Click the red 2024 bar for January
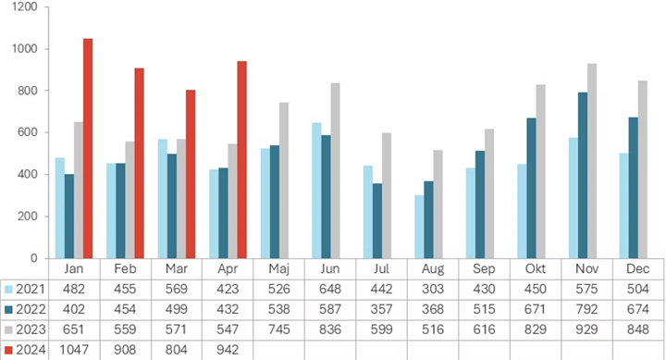(x=88, y=148)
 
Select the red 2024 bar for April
(x=241, y=160)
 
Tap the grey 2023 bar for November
(x=592, y=161)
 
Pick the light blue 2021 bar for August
(x=419, y=227)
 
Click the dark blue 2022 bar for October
(x=531, y=188)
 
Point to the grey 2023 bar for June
(x=336, y=170)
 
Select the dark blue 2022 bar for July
(x=377, y=220)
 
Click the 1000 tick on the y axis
(x=25, y=49)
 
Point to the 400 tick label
(x=28, y=175)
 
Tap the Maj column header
(x=278, y=269)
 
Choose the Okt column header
(x=536, y=269)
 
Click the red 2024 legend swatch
(x=8, y=350)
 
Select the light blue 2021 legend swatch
(x=8, y=290)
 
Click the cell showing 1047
(x=74, y=350)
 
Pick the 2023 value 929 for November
(x=586, y=329)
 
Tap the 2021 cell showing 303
(x=433, y=289)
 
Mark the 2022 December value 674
(x=638, y=309)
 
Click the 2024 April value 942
(x=228, y=350)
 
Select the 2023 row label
(x=31, y=329)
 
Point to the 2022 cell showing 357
(x=381, y=309)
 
